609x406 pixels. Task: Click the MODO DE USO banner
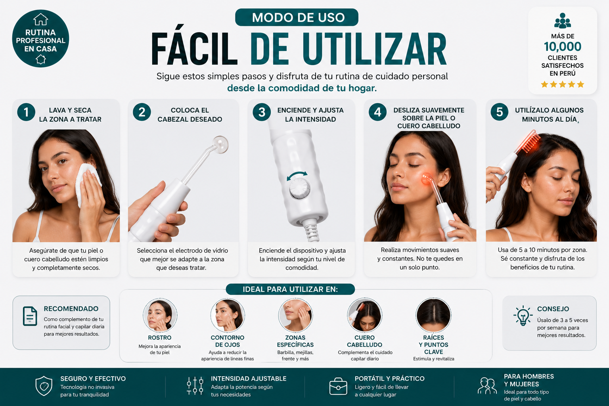coord(297,17)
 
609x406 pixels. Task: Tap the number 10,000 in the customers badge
coord(563,47)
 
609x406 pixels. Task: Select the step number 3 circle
coord(262,112)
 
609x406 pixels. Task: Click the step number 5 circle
coord(500,112)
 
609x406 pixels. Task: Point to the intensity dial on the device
coord(299,188)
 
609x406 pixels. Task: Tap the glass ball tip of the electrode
coord(220,145)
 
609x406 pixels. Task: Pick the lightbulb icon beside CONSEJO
coord(523,316)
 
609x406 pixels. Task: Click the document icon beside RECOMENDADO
coord(30,316)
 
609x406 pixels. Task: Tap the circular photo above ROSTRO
coord(160,315)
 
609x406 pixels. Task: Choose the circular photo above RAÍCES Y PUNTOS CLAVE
coord(433,315)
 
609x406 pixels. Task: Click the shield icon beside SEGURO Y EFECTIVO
coord(44,386)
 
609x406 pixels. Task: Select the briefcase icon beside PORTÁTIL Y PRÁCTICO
coord(338,386)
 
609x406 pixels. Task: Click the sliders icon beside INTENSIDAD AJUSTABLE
coord(195,386)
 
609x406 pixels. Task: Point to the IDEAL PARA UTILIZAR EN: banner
coord(290,289)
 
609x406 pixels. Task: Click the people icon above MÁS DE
coord(563,21)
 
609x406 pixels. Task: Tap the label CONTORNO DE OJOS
coord(228,341)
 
